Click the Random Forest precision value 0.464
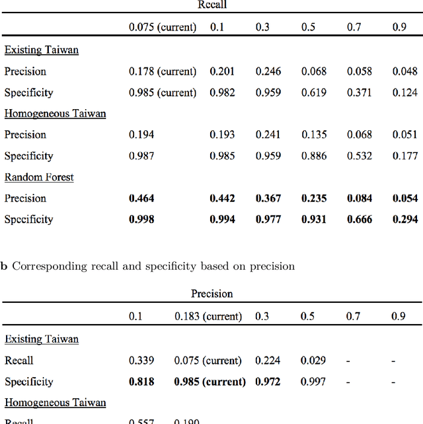[x=141, y=198]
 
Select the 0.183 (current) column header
[x=208, y=316]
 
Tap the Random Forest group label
[x=39, y=177]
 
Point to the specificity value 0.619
[x=314, y=93]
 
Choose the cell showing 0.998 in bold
[x=141, y=220]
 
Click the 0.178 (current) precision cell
[x=163, y=71]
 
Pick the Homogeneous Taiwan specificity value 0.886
[x=314, y=156]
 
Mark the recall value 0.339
[x=141, y=360]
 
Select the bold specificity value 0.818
[x=141, y=382]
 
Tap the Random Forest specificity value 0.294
[x=405, y=220]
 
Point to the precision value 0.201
[x=222, y=71]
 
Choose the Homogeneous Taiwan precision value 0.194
[x=141, y=135]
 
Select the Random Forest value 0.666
[x=360, y=220]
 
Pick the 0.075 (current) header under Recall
[x=163, y=27]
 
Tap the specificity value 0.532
[x=360, y=156]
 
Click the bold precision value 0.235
[x=314, y=198]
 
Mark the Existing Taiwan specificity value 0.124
[x=405, y=93]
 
